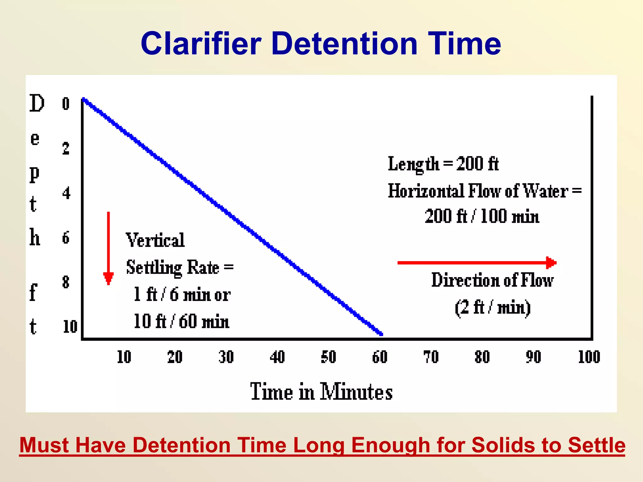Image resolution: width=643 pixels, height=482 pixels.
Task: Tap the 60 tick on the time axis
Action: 380,357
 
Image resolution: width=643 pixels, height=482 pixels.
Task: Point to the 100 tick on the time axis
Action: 589,357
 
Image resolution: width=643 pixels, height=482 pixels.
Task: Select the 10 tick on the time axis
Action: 124,357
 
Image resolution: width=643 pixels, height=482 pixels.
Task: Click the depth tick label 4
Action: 66,193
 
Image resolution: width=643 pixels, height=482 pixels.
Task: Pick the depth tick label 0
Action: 66,104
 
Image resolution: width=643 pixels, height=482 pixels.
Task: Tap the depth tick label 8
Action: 66,282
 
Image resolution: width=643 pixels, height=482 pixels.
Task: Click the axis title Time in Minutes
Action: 321,392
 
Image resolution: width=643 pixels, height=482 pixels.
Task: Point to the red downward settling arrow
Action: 108,248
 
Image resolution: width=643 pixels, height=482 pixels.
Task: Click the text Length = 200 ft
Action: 443,164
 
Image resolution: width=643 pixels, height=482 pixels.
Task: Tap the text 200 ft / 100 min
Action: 482,217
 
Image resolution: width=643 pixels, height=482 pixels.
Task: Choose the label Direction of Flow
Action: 492,280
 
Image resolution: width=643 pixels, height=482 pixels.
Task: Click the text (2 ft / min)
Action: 493,308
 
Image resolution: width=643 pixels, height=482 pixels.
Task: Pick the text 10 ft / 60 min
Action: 181,322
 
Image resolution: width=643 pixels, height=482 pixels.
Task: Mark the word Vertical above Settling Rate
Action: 155,240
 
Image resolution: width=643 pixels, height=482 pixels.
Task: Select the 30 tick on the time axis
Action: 226,357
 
